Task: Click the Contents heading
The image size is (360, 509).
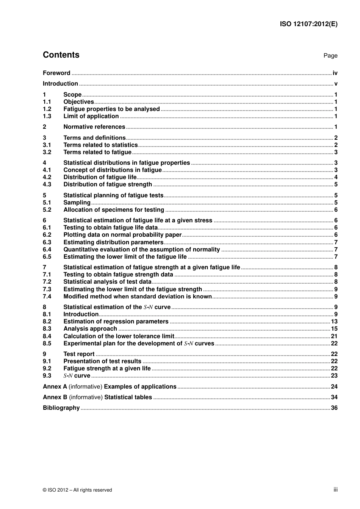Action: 61,55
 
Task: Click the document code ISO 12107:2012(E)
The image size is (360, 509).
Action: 308,24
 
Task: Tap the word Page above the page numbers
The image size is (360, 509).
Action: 330,56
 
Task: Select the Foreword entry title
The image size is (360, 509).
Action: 56,73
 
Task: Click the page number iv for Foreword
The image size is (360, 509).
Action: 335,73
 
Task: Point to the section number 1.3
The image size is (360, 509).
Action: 47,116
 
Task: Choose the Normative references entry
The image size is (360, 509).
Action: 94,127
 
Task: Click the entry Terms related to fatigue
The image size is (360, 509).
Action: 97,152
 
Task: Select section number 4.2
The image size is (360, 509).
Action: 47,177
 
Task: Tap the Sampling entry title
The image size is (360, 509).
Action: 77,203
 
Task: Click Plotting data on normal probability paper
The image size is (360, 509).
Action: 122,235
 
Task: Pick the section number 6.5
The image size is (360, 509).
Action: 47,257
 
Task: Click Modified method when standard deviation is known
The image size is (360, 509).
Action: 138,297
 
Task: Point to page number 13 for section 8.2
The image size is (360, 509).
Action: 334,322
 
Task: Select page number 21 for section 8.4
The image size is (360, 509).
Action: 334,336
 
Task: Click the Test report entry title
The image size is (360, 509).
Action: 79,354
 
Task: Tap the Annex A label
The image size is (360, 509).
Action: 55,387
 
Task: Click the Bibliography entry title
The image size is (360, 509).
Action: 61,408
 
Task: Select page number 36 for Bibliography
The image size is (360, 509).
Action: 334,408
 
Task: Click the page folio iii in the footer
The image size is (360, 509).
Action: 335,490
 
